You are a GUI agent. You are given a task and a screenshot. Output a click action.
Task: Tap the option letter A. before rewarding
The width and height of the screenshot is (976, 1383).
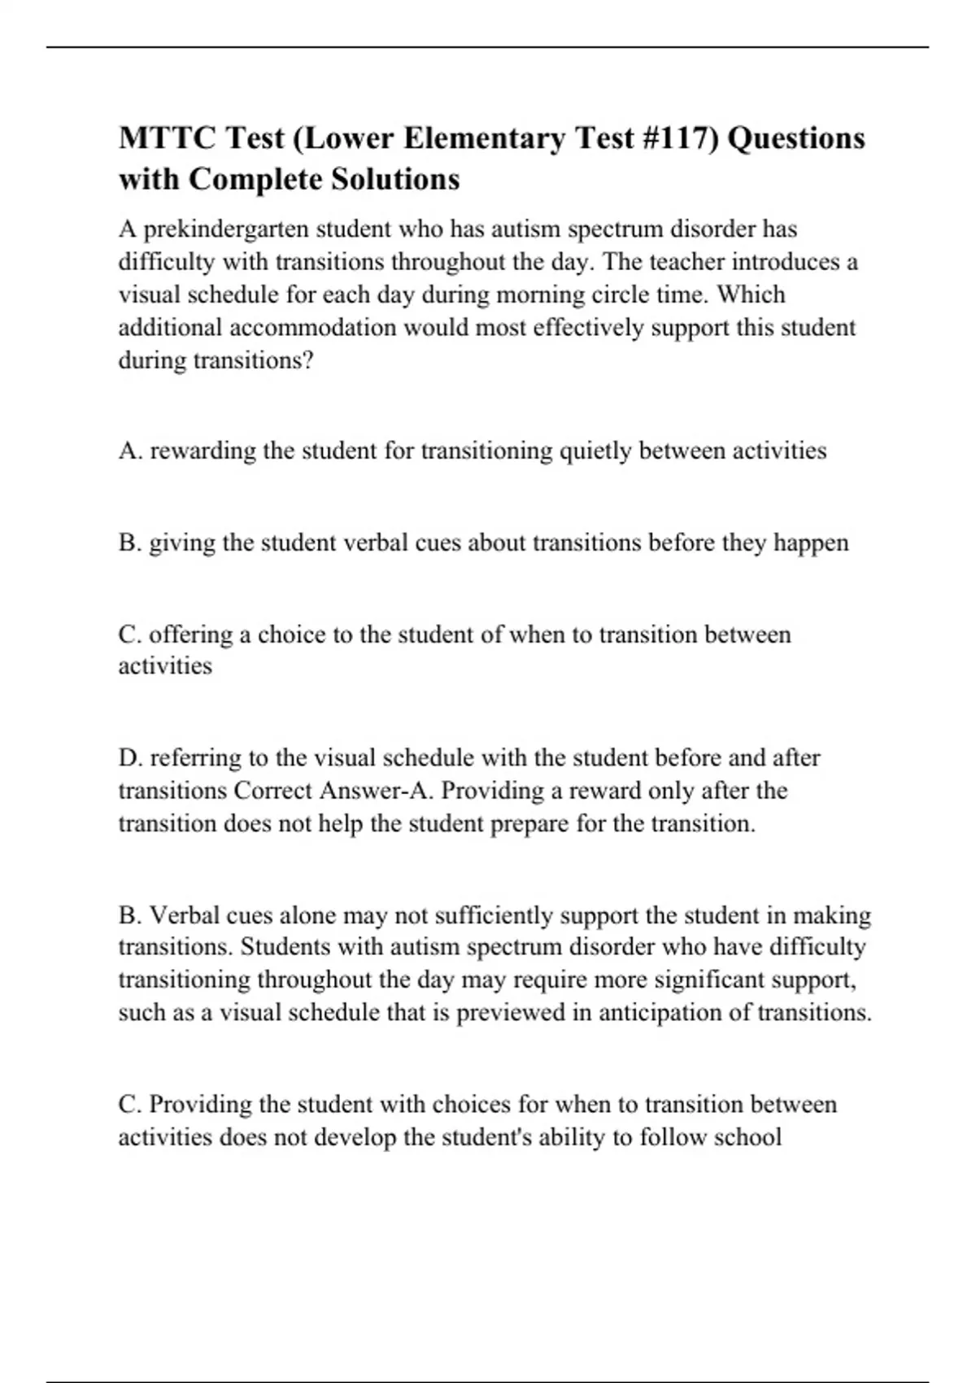[x=130, y=451]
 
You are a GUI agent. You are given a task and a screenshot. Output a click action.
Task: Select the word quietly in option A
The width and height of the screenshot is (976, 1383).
[x=595, y=451]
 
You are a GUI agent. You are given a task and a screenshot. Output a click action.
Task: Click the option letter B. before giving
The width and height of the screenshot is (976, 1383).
[x=130, y=543]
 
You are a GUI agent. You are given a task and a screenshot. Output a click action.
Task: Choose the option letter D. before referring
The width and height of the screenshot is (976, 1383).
[x=130, y=758]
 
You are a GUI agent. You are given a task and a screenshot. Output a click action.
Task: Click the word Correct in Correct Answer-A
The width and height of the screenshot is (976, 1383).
[x=273, y=791]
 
